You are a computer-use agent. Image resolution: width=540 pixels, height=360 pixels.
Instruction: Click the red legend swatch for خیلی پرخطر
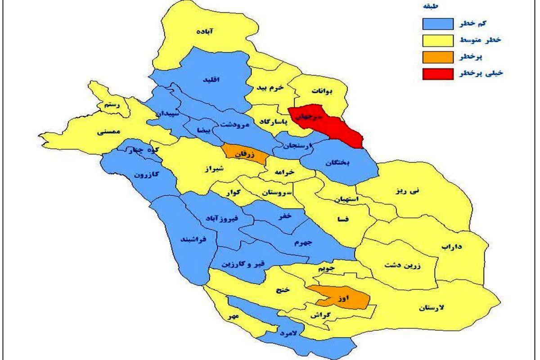pos(438,73)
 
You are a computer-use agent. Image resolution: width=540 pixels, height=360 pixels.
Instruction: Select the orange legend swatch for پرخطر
pos(438,57)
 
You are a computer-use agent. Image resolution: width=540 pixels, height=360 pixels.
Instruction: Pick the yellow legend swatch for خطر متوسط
pos(438,40)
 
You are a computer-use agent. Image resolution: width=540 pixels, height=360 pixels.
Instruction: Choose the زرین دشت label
pos(402,265)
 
